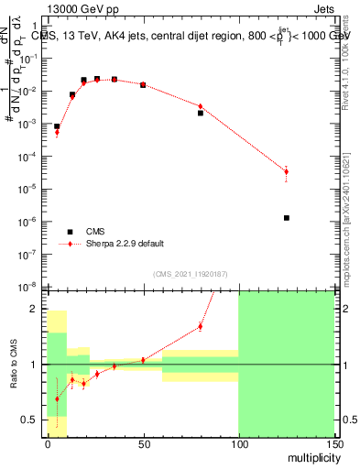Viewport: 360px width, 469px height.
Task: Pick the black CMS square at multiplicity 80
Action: coord(201,114)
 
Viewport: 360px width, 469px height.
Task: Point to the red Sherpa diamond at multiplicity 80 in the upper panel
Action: coord(201,107)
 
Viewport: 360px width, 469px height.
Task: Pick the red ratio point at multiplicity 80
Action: coord(201,326)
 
